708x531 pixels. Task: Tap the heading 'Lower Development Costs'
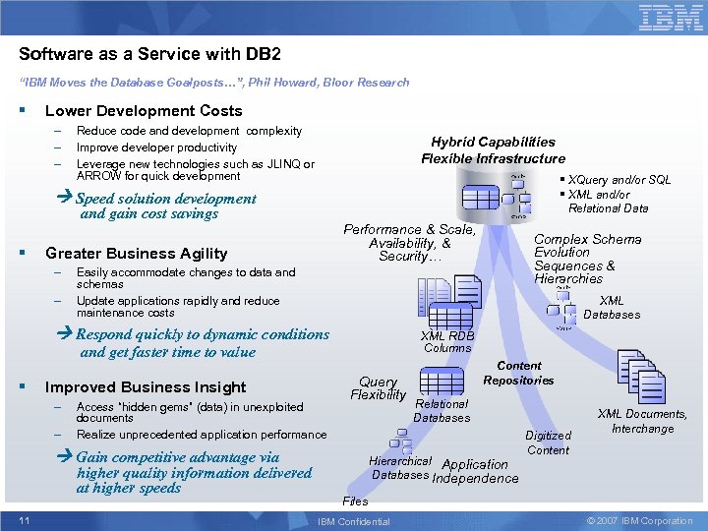coord(144,111)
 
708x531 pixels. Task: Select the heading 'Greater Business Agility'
coord(136,253)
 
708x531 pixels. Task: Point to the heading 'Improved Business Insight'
coord(146,386)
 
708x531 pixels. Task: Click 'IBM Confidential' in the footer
coord(354,521)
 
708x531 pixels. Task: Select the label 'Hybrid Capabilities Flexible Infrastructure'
coord(493,150)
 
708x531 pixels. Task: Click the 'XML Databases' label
coord(611,308)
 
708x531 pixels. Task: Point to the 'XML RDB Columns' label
coord(447,341)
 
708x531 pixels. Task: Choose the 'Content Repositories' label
coord(518,373)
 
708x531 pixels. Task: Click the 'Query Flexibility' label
coord(378,388)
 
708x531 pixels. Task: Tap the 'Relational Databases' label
coord(442,411)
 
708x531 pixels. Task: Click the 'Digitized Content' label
coord(548,442)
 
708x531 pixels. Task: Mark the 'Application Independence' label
coord(475,471)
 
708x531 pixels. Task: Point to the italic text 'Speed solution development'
coord(166,199)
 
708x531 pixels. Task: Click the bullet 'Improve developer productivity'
coord(156,147)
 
